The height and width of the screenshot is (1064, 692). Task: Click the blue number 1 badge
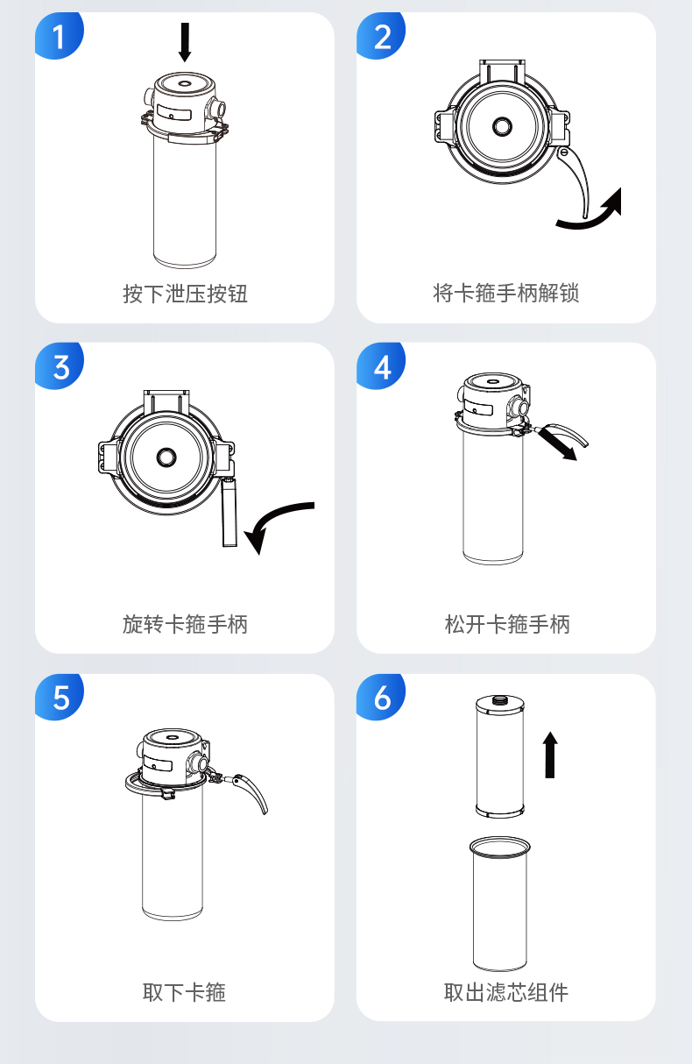pos(60,36)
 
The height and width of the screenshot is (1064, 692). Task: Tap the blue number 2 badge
pos(381,36)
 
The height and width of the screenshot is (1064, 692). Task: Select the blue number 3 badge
pos(60,366)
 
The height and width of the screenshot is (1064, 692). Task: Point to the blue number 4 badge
pos(381,366)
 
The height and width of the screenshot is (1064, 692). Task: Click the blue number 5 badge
pos(60,697)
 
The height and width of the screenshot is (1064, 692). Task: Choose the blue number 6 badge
pos(381,697)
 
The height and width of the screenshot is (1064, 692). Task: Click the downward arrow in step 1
pos(185,42)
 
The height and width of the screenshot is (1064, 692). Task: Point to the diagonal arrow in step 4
pos(558,444)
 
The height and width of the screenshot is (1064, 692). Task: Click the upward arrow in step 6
pos(550,755)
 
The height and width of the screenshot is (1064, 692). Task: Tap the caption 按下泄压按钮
pos(185,294)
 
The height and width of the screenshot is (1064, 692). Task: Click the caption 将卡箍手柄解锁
pos(506,293)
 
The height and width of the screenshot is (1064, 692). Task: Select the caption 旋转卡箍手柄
pos(185,624)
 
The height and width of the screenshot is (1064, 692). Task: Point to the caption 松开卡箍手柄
pos(507,624)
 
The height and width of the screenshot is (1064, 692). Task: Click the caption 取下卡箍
pos(184,992)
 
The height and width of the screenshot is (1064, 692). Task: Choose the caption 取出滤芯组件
pos(506,992)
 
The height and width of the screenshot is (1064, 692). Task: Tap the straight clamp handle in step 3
pos(229,512)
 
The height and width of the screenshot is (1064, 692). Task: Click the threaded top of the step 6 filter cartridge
pos(499,699)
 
